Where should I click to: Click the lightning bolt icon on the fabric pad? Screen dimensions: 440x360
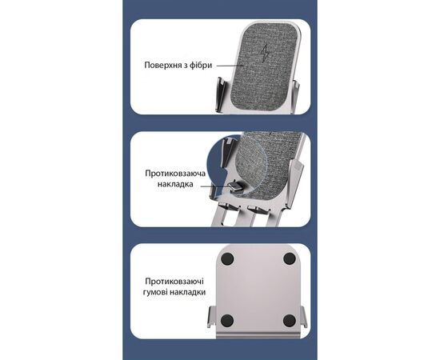pyautogui.click(x=264, y=54)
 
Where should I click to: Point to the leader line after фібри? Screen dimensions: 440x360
pyautogui.click(x=230, y=66)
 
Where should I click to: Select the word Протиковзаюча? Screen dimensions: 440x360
pyautogui.click(x=175, y=174)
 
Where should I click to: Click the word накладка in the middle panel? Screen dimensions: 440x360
pyautogui.click(x=175, y=184)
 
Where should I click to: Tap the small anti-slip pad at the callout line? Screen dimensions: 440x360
pyautogui.click(x=235, y=186)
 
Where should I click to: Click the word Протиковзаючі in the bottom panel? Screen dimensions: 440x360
pyautogui.click(x=174, y=282)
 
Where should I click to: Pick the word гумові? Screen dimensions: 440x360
pyautogui.click(x=157, y=292)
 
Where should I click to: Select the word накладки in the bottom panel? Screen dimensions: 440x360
pyautogui.click(x=190, y=292)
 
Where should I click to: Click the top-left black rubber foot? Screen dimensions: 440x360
pyautogui.click(x=227, y=258)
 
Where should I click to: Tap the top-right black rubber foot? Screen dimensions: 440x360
pyautogui.click(x=290, y=258)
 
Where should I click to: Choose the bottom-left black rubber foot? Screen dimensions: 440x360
pyautogui.click(x=227, y=321)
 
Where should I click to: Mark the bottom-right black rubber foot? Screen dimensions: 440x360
pyautogui.click(x=290, y=321)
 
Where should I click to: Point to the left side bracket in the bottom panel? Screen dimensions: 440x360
pyautogui.click(x=212, y=317)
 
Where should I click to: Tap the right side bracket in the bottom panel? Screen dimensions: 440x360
pyautogui.click(x=304, y=317)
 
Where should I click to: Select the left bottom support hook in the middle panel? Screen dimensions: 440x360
pyautogui.click(x=230, y=207)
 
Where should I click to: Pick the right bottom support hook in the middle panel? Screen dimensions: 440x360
pyautogui.click(x=258, y=209)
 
